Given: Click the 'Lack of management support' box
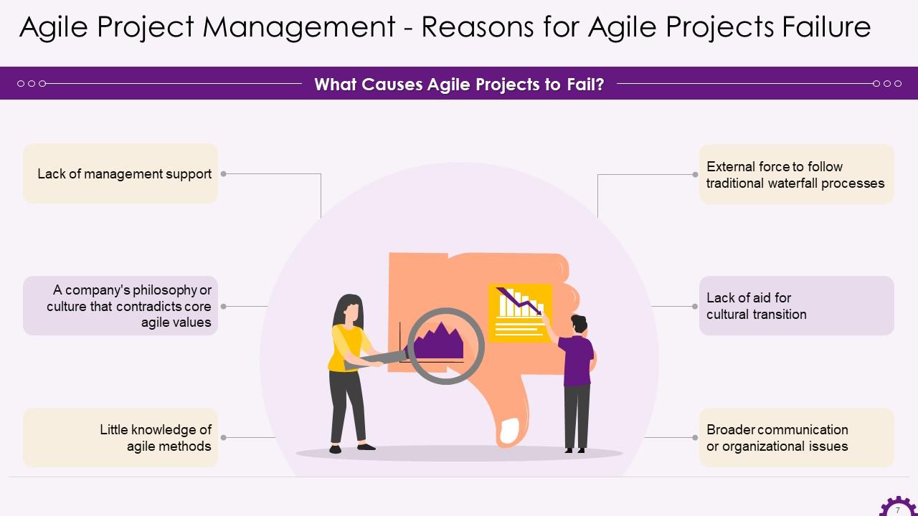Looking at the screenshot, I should point(120,173).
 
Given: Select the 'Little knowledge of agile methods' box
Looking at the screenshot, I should point(120,438).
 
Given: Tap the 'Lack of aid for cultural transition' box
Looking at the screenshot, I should point(796,306).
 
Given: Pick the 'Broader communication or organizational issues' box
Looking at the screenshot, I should point(796,438).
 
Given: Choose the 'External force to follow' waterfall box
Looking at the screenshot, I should point(796,174).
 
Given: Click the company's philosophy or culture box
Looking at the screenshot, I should point(120,306).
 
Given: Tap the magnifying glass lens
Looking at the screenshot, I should point(445,345).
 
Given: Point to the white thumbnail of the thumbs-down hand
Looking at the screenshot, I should point(509,430).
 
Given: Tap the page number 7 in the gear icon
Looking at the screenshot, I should point(897,510).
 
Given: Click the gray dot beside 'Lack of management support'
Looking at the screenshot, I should point(224,173).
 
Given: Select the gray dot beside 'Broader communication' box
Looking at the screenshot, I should point(695,437).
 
